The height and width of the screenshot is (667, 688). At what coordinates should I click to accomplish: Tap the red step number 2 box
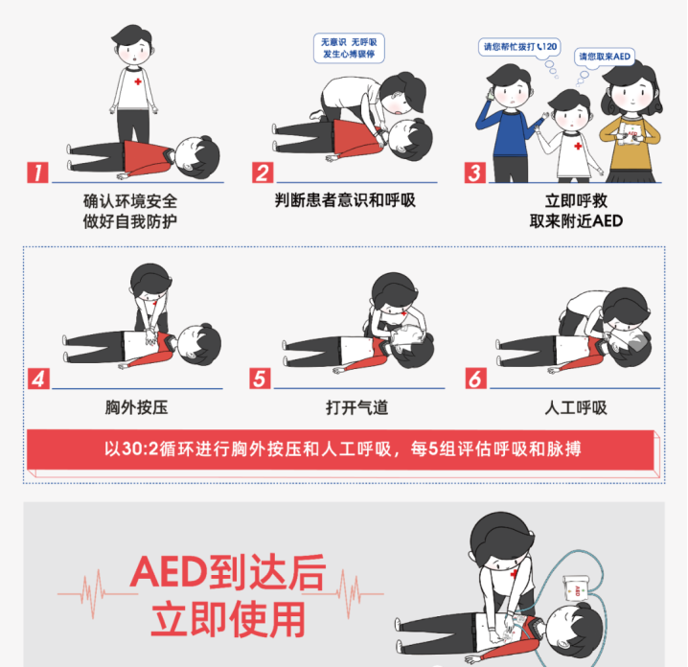263,172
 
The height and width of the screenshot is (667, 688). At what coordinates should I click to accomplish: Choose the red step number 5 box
260,379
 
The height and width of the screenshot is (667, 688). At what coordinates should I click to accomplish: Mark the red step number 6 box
475,379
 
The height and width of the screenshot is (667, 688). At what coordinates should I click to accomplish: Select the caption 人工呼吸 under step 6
576,407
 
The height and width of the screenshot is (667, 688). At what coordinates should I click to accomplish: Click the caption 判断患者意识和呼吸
345,200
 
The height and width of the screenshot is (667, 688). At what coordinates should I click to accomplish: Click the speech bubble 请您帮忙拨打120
517,46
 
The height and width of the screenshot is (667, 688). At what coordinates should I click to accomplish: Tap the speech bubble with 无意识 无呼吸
349,48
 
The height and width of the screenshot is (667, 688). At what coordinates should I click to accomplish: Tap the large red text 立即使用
227,620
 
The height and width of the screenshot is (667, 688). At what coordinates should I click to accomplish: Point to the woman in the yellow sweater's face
628,97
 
